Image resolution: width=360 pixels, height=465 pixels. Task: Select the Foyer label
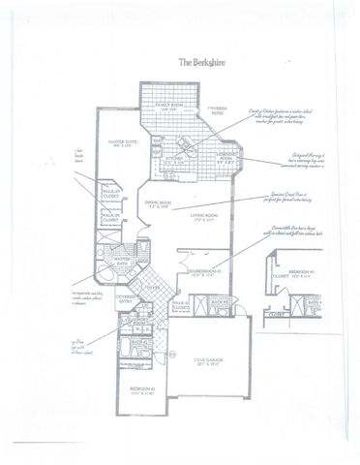153,287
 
